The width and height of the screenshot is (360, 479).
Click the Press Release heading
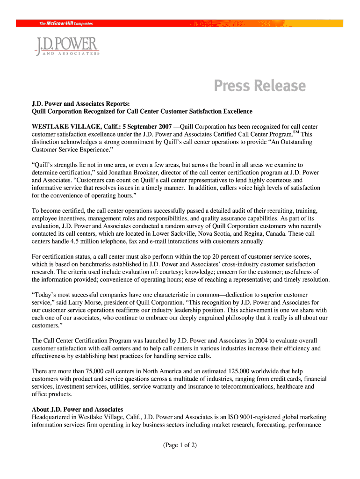coord(259,86)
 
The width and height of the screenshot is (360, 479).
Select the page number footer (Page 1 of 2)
coord(180,445)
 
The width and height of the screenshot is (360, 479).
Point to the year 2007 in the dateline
coord(164,127)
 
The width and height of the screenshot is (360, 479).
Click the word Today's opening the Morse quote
coord(46,295)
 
